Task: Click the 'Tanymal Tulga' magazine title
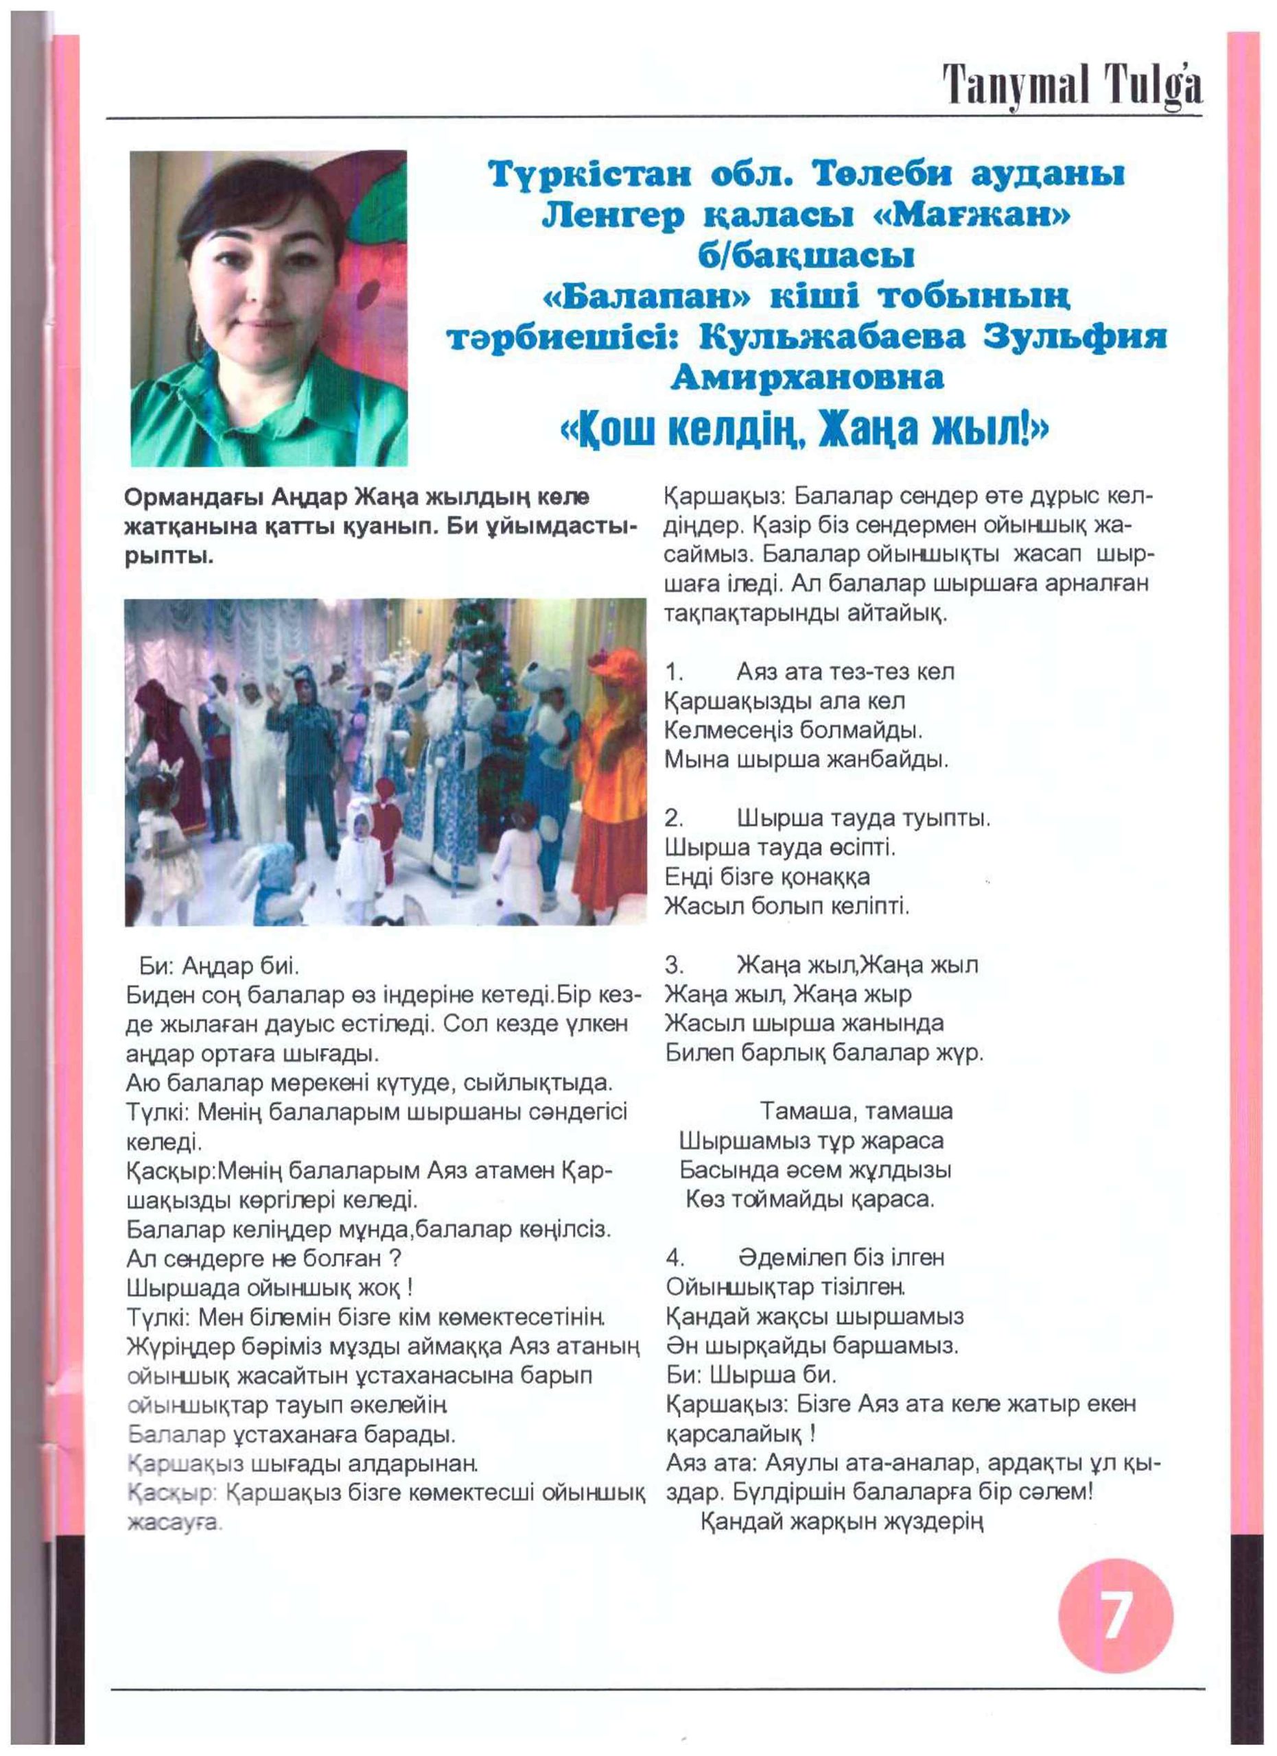click(1072, 86)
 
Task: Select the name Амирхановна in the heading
click(807, 378)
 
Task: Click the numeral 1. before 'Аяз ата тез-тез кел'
click(674, 672)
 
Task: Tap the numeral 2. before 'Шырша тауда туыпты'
click(674, 818)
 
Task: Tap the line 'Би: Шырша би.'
click(751, 1375)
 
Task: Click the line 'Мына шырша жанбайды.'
click(806, 759)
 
